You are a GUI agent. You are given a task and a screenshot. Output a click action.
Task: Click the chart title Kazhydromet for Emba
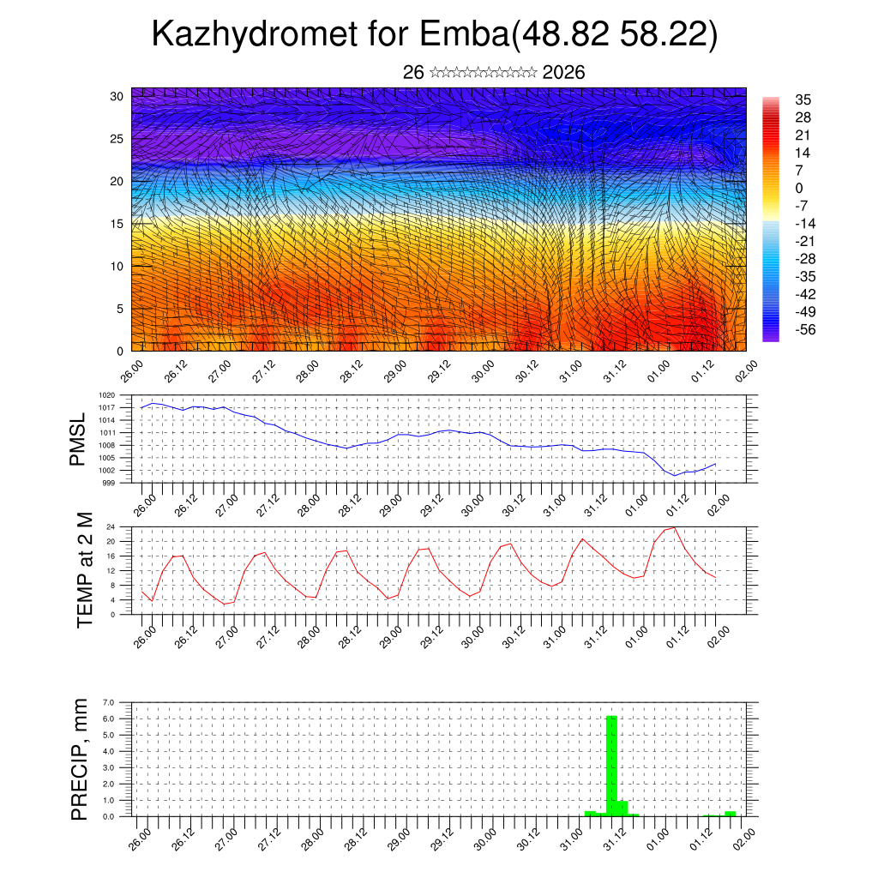(434, 34)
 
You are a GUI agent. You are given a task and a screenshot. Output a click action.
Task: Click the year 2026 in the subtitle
(563, 73)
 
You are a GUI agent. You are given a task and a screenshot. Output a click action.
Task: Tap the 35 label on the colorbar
(803, 99)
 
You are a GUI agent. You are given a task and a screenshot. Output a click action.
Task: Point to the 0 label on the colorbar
(800, 188)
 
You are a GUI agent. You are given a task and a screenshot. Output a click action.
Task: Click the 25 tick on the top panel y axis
(117, 138)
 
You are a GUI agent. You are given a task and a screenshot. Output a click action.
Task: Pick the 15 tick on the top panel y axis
(117, 224)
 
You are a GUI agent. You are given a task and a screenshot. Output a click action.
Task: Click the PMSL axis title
(78, 439)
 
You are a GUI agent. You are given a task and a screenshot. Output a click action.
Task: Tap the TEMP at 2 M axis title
(84, 570)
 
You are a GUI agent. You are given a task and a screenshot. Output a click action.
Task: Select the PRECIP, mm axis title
(80, 759)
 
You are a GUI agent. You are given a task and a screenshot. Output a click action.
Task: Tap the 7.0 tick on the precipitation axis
(108, 702)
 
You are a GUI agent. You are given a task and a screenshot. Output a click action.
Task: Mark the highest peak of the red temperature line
(674, 527)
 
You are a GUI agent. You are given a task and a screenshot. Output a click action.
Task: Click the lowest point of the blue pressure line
(675, 475)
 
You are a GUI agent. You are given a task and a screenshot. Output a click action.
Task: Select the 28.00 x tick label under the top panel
(308, 372)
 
